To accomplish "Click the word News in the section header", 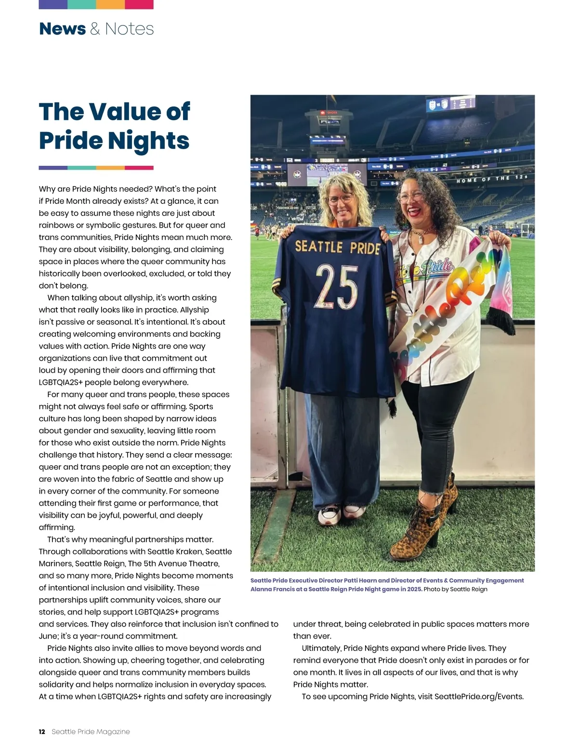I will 62,29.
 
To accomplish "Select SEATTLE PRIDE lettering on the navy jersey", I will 337,247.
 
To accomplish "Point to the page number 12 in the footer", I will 42,732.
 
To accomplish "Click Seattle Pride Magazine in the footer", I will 91,732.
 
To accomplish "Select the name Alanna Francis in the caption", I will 269,589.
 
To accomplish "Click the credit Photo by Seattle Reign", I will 455,589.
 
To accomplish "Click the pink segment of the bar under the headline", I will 139,168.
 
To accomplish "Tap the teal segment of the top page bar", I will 81,4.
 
